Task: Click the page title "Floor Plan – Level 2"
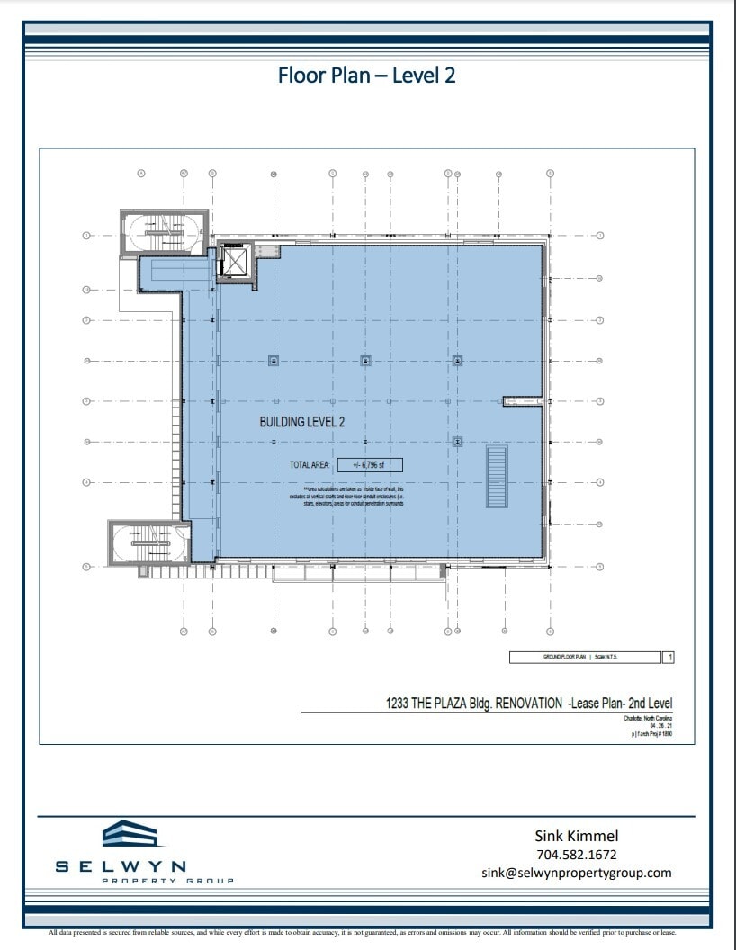pos(367,75)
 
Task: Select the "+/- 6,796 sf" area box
pos(370,465)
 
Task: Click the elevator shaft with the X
pos(235,262)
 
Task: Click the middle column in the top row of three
pos(365,361)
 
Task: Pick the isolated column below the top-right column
pos(457,441)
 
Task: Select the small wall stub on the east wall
pos(520,400)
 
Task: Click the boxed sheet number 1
pos(669,658)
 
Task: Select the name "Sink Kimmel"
pos(577,836)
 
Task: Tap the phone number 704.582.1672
pos(577,855)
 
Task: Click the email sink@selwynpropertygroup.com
pos(577,873)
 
